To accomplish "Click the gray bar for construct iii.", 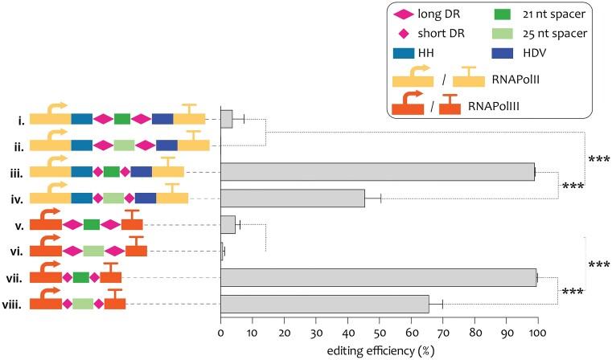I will click(377, 171).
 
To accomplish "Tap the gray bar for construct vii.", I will click(378, 277).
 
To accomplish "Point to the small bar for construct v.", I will click(228, 224).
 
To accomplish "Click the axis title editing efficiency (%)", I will click(378, 350).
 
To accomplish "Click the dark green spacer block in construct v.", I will click(91, 224).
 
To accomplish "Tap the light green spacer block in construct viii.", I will click(83, 304).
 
